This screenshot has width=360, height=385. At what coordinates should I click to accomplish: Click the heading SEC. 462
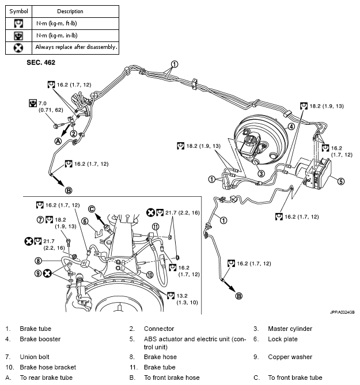coord(41,60)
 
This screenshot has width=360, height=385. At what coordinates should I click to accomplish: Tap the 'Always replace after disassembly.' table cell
coord(76,47)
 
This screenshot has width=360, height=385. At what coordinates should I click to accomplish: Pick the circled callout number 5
coord(340,181)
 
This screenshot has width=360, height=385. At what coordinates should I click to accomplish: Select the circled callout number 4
coord(291,126)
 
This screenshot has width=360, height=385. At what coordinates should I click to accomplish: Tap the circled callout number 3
coord(261,173)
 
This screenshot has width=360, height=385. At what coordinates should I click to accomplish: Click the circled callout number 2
coord(74,134)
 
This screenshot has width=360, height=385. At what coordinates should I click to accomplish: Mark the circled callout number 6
coord(84,221)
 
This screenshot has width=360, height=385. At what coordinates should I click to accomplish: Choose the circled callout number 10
coord(149,275)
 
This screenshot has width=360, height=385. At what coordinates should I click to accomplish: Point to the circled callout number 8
coord(38,261)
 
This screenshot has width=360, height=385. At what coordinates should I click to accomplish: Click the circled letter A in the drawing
coord(58,140)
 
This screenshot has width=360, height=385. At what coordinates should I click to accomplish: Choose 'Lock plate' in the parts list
coord(283,339)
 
